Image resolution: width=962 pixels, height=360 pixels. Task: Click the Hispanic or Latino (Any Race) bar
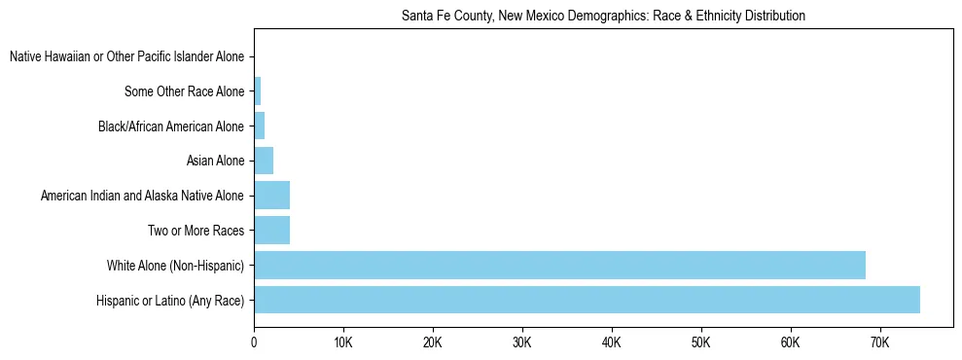pyautogui.click(x=587, y=300)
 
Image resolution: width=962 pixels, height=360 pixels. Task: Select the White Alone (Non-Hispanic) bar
pyautogui.click(x=559, y=265)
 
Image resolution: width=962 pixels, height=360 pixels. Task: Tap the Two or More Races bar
pyautogui.click(x=271, y=231)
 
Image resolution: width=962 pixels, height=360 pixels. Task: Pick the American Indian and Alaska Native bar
pyautogui.click(x=271, y=196)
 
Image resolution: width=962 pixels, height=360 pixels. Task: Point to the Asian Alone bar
pyautogui.click(x=264, y=161)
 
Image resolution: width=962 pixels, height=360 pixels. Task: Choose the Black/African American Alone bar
pyautogui.click(x=259, y=126)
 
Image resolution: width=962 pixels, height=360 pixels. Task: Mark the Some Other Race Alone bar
pyautogui.click(x=257, y=91)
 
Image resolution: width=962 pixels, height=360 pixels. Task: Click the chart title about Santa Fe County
pyautogui.click(x=603, y=17)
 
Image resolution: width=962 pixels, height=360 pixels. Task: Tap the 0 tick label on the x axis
pyautogui.click(x=254, y=342)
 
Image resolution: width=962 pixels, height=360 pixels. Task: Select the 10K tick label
pyautogui.click(x=343, y=342)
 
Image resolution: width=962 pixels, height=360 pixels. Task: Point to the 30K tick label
pyautogui.click(x=522, y=342)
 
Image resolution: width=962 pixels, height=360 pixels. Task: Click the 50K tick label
pyautogui.click(x=701, y=342)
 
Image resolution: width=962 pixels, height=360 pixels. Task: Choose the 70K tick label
pyautogui.click(x=879, y=342)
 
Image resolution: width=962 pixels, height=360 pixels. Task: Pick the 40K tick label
pyautogui.click(x=612, y=342)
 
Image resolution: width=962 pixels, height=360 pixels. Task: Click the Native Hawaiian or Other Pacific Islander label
pyautogui.click(x=126, y=57)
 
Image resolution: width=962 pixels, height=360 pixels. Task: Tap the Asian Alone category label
pyautogui.click(x=215, y=162)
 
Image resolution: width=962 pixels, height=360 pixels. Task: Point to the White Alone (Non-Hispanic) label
pyautogui.click(x=175, y=266)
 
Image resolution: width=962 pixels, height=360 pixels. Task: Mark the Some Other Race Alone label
pyautogui.click(x=185, y=92)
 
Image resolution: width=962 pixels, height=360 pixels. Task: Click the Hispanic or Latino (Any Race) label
pyautogui.click(x=170, y=301)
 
